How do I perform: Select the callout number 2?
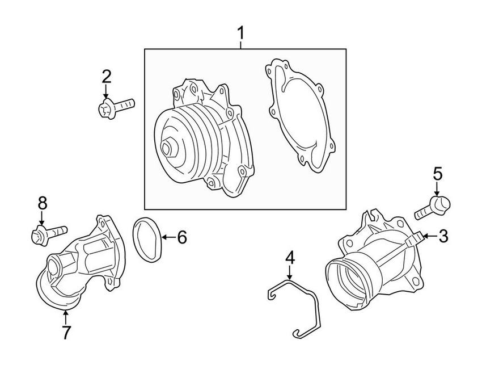[106, 76]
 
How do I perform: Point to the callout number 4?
[290, 258]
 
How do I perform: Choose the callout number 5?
[438, 174]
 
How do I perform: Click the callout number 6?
[181, 237]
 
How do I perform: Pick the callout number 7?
[66, 333]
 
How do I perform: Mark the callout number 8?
[42, 203]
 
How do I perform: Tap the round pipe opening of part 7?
[54, 266]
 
